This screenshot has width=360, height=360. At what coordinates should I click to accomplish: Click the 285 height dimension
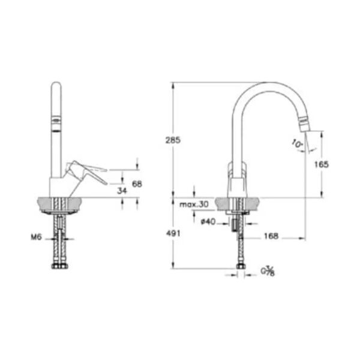(x=173, y=140)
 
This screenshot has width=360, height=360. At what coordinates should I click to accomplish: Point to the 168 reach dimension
(x=271, y=237)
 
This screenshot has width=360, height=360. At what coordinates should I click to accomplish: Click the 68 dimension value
(x=137, y=184)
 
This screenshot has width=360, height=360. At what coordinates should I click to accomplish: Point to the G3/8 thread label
(x=268, y=272)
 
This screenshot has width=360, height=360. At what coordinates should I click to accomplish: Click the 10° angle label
(x=296, y=143)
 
